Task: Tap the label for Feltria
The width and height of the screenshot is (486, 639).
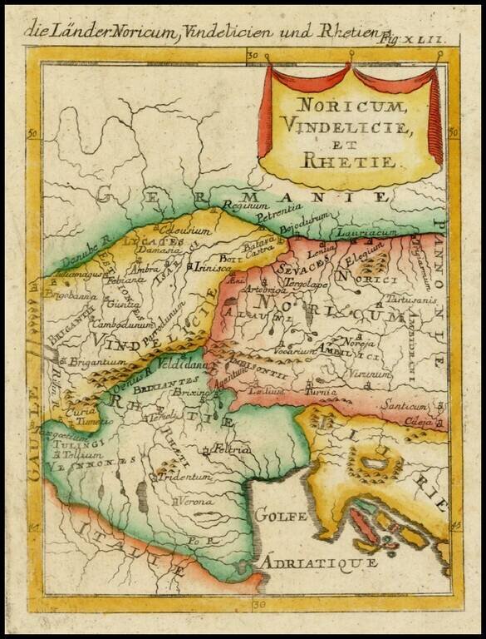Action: pyautogui.click(x=233, y=448)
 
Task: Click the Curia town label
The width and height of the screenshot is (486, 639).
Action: pyautogui.click(x=76, y=411)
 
